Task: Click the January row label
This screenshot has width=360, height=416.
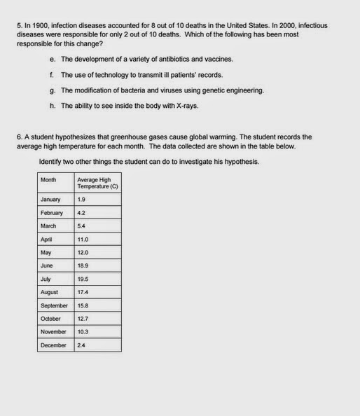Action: pos(50,200)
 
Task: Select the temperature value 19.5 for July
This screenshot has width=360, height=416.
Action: pos(83,279)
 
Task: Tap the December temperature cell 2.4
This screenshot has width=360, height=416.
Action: pos(81,345)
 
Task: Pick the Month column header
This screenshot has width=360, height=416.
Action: pos(48,180)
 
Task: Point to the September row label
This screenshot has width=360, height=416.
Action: pos(54,305)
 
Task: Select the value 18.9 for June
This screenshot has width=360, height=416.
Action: pos(83,266)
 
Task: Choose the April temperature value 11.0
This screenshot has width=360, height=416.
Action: pos(83,240)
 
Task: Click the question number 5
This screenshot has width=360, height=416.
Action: pos(19,25)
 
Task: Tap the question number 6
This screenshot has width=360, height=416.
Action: pos(19,137)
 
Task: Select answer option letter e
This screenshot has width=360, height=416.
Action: pos(53,60)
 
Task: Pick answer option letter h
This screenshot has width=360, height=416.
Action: pos(53,106)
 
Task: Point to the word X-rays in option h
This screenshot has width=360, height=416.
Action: pos(186,106)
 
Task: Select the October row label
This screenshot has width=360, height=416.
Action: pos(51,319)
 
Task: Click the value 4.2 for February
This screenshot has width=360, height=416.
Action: pos(81,213)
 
